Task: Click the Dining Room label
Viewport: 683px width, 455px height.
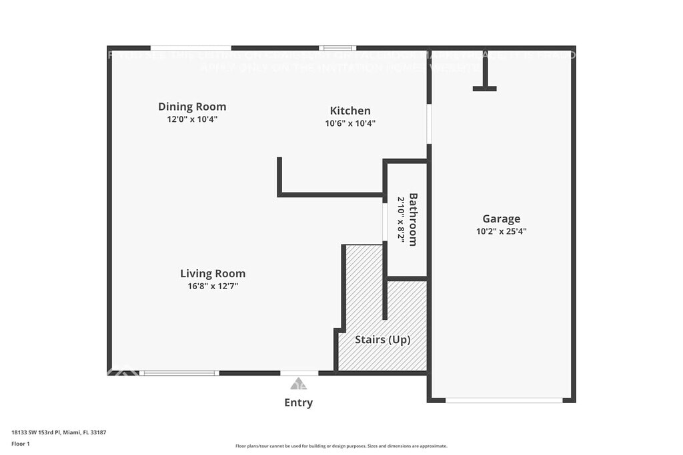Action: tap(192, 107)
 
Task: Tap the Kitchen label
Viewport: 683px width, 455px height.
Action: tap(350, 111)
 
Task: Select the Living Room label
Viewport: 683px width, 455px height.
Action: tap(213, 274)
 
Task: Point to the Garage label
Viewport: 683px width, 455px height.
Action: tap(502, 219)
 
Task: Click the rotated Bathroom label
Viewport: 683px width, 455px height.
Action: tap(413, 219)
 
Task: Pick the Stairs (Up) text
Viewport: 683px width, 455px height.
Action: tap(382, 340)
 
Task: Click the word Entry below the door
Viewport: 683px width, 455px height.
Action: tap(298, 402)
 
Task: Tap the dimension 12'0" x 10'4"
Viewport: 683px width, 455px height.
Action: tap(192, 120)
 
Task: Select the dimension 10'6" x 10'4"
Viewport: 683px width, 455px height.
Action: tap(350, 123)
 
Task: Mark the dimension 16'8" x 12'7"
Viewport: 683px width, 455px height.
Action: tap(213, 286)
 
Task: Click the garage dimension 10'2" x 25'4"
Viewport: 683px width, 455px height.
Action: tap(502, 231)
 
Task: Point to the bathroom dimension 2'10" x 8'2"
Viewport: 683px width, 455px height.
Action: tap(402, 218)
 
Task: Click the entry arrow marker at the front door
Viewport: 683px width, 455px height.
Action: tap(298, 384)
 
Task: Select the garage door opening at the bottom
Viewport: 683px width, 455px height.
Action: tap(504, 400)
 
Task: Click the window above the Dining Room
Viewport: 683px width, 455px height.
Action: tap(191, 48)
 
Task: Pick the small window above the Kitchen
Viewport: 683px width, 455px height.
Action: tap(337, 48)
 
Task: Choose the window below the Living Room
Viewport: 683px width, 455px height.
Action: tap(180, 373)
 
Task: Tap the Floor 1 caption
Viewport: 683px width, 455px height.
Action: tap(21, 443)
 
